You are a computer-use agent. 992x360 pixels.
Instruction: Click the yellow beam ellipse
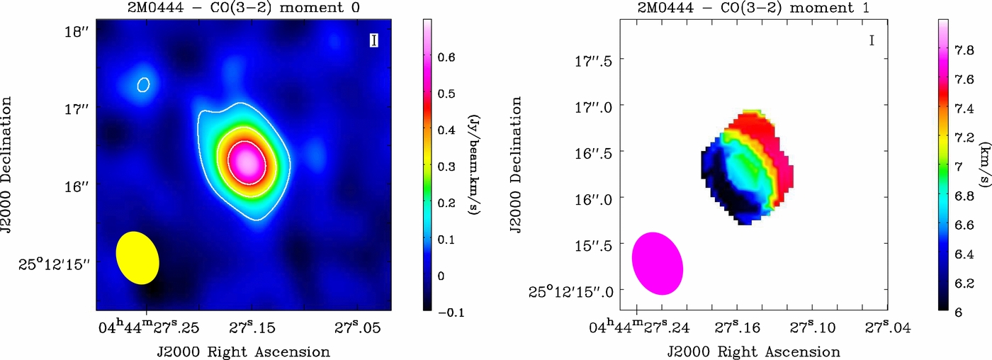coord(137,258)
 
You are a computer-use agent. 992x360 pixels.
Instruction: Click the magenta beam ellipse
coord(657,263)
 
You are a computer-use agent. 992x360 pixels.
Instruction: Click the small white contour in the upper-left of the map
coord(143,84)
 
